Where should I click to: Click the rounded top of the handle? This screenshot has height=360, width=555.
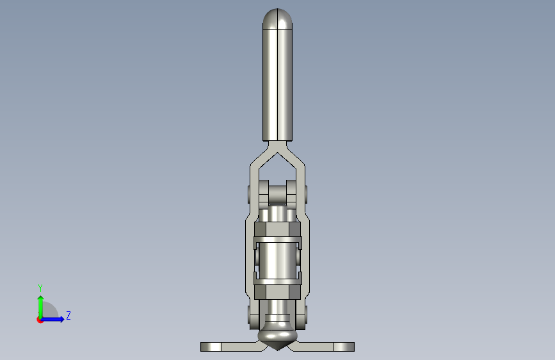tap(278, 19)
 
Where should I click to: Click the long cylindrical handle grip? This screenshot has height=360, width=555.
tap(278, 85)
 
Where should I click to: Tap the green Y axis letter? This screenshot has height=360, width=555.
tap(40, 288)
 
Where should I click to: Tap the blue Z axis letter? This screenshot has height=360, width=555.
tap(68, 315)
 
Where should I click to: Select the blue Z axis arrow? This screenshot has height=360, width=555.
tap(52, 319)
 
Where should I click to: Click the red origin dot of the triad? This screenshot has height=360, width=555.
tap(40, 320)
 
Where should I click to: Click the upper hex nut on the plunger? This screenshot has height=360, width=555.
tap(278, 229)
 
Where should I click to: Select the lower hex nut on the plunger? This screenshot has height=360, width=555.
tap(278, 292)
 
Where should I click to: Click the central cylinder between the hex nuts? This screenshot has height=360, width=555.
tap(278, 261)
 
